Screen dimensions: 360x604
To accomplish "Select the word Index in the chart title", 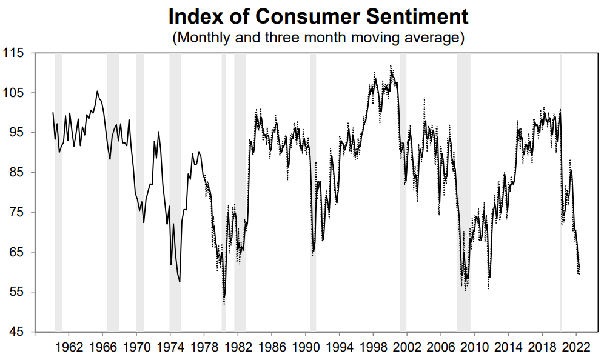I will coord(193,16).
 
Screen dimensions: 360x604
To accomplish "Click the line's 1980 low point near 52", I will coord(224,303).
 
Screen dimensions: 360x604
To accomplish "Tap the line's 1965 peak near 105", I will coord(97,92).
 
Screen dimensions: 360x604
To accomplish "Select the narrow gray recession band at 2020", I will coord(560,182).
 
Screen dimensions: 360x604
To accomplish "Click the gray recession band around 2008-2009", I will coord(463,182).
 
